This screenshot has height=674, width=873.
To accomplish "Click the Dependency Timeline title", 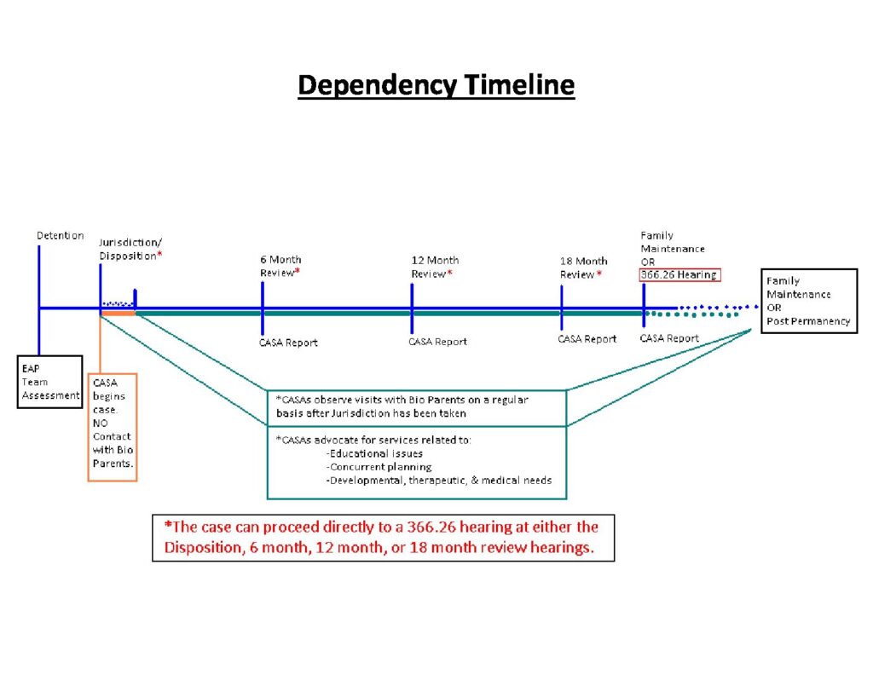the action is tap(436, 86).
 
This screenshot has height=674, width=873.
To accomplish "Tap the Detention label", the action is tap(61, 235).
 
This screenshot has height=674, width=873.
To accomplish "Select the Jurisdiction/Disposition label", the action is tap(130, 250).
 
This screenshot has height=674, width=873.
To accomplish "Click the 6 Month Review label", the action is tap(280, 266).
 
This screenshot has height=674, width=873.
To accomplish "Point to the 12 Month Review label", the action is tap(435, 267).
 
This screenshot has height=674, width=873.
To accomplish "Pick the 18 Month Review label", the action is tap(583, 268).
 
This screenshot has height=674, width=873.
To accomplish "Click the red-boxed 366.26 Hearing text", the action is tap(679, 275).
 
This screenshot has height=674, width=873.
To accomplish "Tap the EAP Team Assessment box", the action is tap(50, 382).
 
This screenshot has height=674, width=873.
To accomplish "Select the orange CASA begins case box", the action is tap(113, 427).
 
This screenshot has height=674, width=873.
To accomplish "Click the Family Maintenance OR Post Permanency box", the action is tap(809, 301).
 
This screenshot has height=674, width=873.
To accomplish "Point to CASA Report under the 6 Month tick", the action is tap(288, 343).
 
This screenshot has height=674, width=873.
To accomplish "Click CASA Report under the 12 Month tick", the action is tap(437, 342).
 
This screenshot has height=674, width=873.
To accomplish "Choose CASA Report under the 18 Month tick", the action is tap(587, 339).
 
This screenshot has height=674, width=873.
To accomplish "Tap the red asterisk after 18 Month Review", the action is tap(599, 274).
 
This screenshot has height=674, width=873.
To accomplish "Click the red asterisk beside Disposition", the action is tap(159, 255).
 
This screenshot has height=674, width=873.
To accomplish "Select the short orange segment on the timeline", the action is tap(118, 314).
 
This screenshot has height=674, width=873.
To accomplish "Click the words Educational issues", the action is tap(375, 453).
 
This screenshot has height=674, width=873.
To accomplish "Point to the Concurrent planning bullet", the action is tap(379, 467).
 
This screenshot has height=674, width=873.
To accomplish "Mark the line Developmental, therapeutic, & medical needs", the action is tap(439, 481).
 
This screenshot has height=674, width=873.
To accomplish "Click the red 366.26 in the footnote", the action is tap(431, 527).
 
